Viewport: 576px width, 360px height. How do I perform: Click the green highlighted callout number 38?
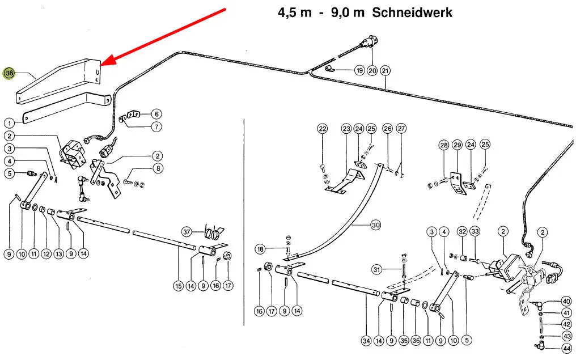click(x=9, y=74)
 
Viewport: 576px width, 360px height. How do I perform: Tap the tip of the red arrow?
click(x=103, y=65)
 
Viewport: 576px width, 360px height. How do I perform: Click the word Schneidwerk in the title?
click(x=412, y=12)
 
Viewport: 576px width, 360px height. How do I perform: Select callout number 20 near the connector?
click(x=372, y=71)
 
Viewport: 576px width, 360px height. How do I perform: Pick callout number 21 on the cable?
click(x=386, y=71)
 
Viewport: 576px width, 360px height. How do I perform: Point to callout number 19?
click(x=359, y=71)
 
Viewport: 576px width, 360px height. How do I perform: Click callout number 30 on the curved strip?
click(x=375, y=225)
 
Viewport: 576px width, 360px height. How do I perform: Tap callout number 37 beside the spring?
click(x=187, y=231)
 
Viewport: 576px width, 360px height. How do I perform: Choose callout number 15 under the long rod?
click(x=179, y=286)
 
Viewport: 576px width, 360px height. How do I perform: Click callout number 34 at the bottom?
click(x=366, y=341)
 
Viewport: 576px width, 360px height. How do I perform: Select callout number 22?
click(x=323, y=129)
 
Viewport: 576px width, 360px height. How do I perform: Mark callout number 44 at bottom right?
click(x=566, y=349)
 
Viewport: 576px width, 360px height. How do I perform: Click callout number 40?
click(x=566, y=301)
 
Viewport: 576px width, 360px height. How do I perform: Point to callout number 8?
click(x=158, y=168)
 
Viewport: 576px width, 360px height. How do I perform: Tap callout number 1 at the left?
click(x=9, y=122)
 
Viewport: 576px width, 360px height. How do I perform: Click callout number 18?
click(x=260, y=249)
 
